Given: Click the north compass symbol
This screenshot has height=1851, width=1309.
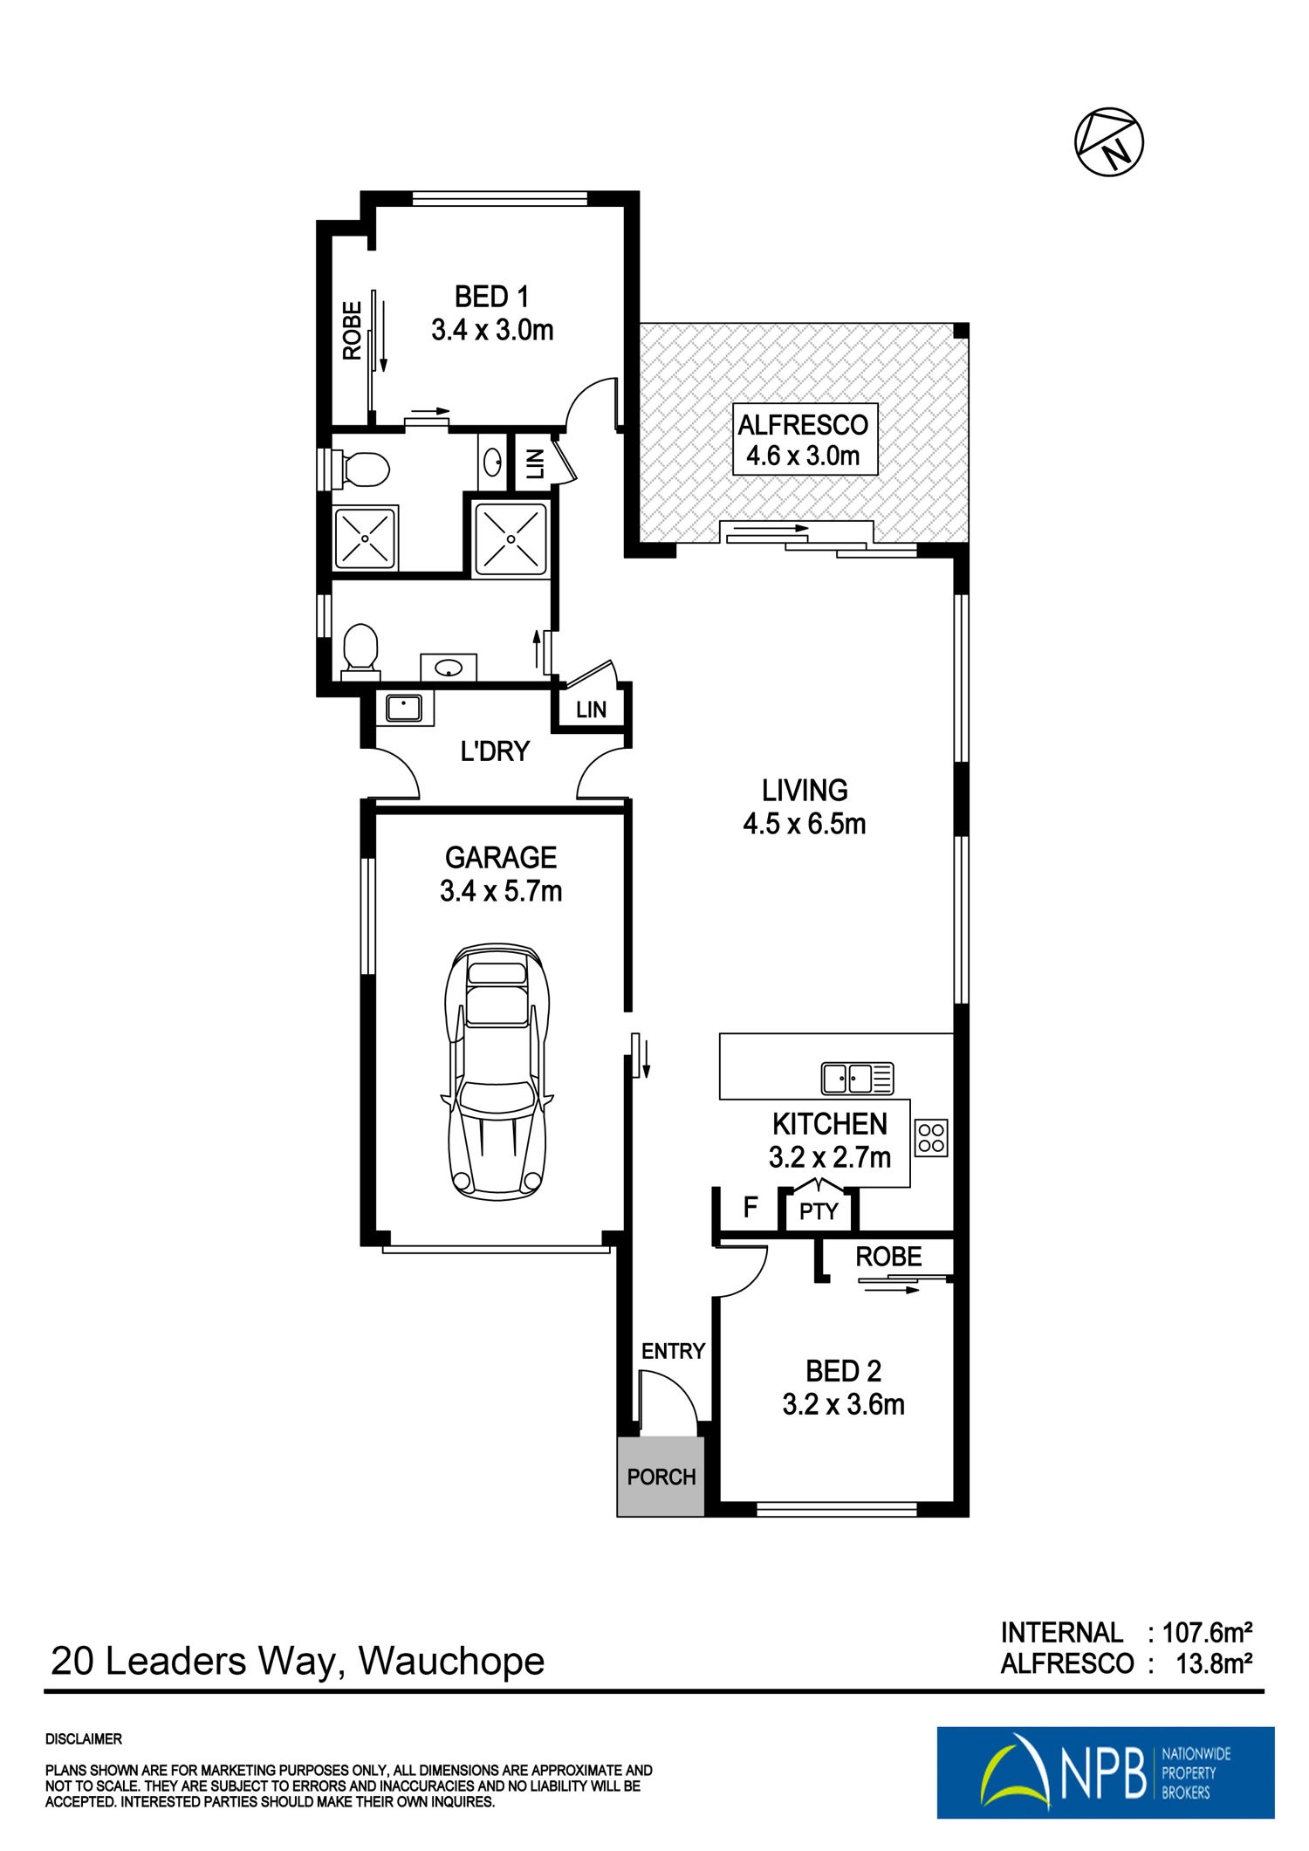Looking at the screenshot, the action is point(1108,142).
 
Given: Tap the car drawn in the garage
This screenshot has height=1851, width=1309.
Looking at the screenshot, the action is point(497,1071).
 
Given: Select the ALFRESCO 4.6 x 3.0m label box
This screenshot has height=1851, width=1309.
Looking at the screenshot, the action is point(804,439).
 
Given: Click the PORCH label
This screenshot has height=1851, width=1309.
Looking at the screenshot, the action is point(661,1477).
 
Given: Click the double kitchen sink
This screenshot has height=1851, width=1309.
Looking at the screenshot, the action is point(858,1079).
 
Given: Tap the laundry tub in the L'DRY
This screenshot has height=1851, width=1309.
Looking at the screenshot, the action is point(404,707).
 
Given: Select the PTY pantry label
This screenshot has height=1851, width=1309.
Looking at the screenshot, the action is point(819,1211).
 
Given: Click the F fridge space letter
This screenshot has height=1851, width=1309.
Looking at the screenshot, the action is point(750,1208).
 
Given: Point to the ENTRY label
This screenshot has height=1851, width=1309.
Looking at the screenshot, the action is point(673,1351).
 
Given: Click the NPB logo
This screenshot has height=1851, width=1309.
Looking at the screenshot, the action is point(1105,1772).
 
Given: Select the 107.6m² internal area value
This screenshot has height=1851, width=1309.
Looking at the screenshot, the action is point(1208,1632).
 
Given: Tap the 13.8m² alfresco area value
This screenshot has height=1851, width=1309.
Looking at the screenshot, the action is point(1215,1664).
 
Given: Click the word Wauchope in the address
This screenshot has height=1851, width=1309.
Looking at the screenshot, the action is point(451,1662).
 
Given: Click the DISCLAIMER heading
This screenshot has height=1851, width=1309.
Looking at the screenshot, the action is point(84,1739).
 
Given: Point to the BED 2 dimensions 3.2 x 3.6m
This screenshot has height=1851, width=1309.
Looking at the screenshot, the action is point(843,1404).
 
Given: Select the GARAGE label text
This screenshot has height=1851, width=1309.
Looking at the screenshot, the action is point(501,857).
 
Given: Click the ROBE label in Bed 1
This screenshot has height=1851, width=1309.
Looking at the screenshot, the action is point(352,331).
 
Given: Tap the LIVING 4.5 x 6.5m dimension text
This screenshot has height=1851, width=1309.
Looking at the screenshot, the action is point(804,823).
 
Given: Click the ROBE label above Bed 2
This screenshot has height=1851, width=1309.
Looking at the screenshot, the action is point(888,1257).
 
